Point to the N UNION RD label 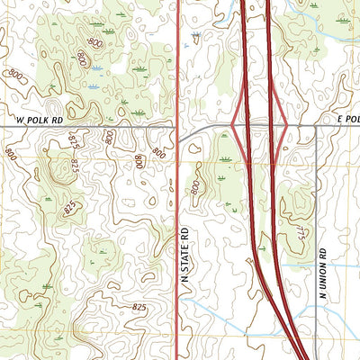click(x=320, y=269)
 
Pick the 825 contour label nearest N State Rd click(x=139, y=308)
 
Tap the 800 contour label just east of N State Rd click(x=195, y=186)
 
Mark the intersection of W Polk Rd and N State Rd click(x=178, y=128)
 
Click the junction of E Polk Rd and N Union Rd click(x=317, y=128)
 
